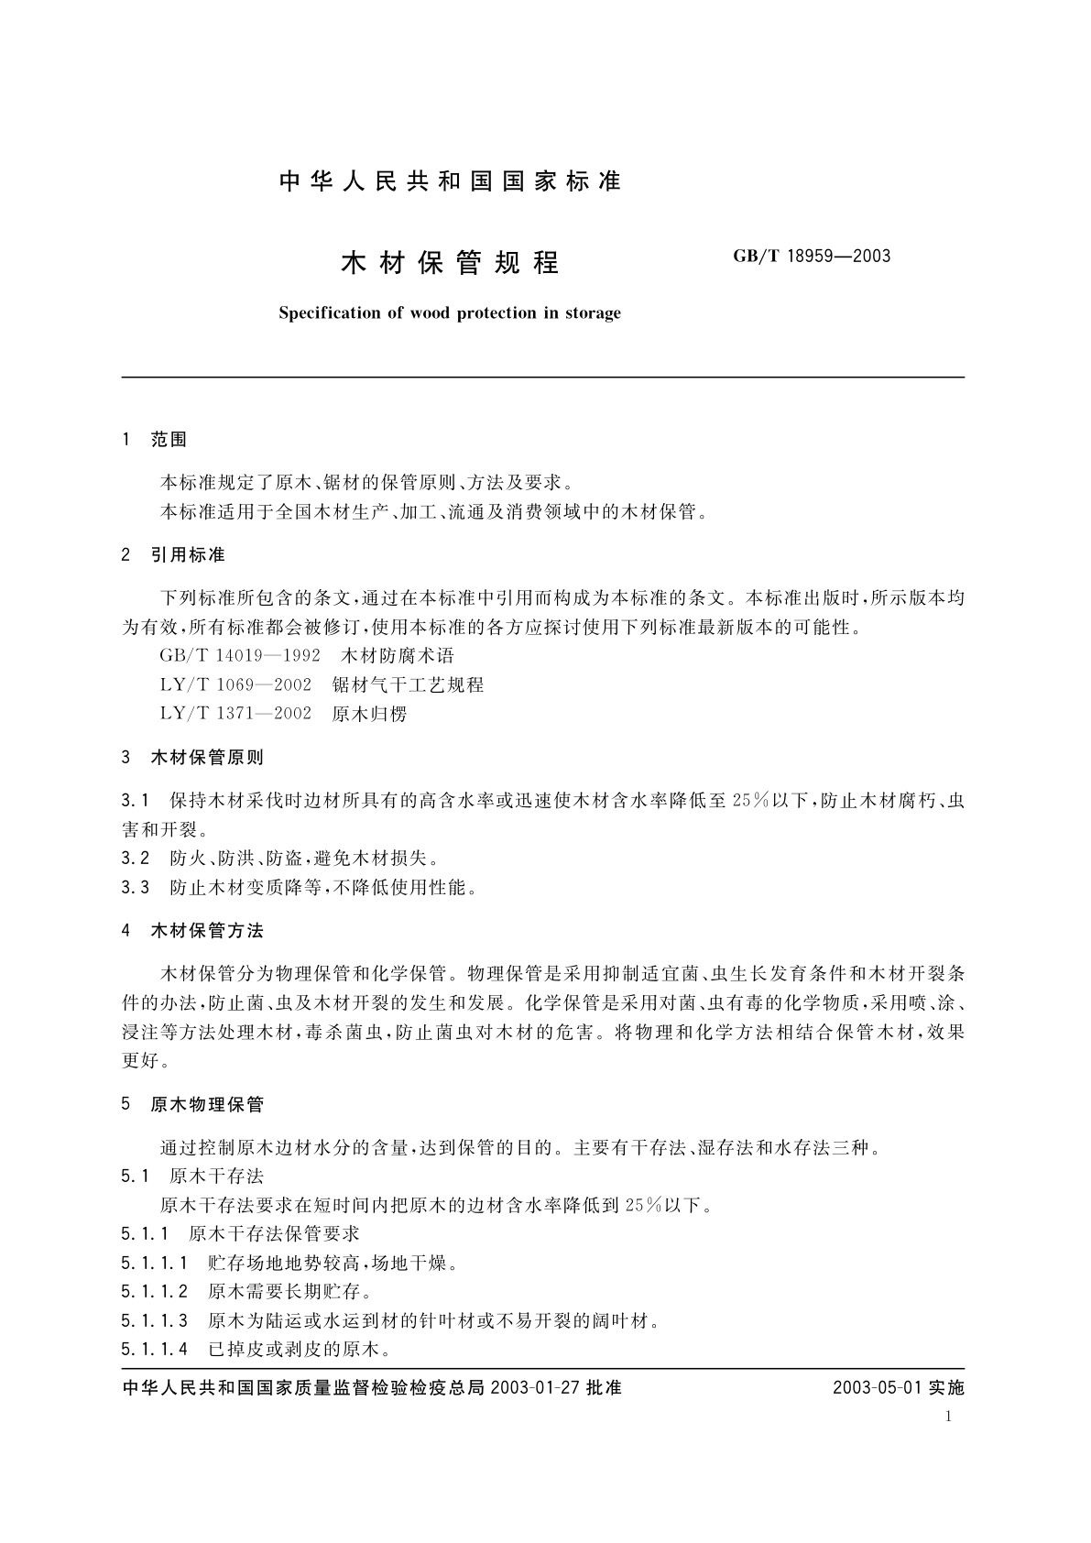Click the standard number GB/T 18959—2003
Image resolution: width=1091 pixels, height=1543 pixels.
click(x=812, y=257)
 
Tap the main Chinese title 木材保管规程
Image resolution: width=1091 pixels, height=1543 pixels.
click(x=450, y=263)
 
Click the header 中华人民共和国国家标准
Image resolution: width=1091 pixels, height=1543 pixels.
click(x=450, y=181)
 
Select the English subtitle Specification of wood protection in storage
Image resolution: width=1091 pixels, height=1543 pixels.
click(x=449, y=313)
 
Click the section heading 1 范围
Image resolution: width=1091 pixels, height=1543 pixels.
click(x=154, y=440)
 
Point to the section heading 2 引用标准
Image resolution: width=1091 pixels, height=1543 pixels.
click(x=173, y=555)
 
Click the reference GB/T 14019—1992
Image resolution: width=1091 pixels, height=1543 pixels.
click(x=240, y=656)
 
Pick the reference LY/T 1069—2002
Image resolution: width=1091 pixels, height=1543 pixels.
click(x=235, y=684)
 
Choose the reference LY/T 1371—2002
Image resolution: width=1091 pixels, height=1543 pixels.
click(x=235, y=713)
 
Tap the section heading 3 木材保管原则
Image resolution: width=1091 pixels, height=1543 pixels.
click(x=192, y=758)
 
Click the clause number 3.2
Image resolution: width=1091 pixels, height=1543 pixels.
click(x=135, y=859)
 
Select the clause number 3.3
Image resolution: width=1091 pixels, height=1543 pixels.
click(x=135, y=887)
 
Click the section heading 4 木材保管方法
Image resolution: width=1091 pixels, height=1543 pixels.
click(x=192, y=931)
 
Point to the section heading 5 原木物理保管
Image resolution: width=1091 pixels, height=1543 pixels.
click(x=192, y=1105)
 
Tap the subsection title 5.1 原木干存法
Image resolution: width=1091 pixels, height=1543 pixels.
click(x=192, y=1176)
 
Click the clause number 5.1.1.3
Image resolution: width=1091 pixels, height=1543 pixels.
click(x=154, y=1320)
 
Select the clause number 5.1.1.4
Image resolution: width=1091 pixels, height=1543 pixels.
click(x=154, y=1349)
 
